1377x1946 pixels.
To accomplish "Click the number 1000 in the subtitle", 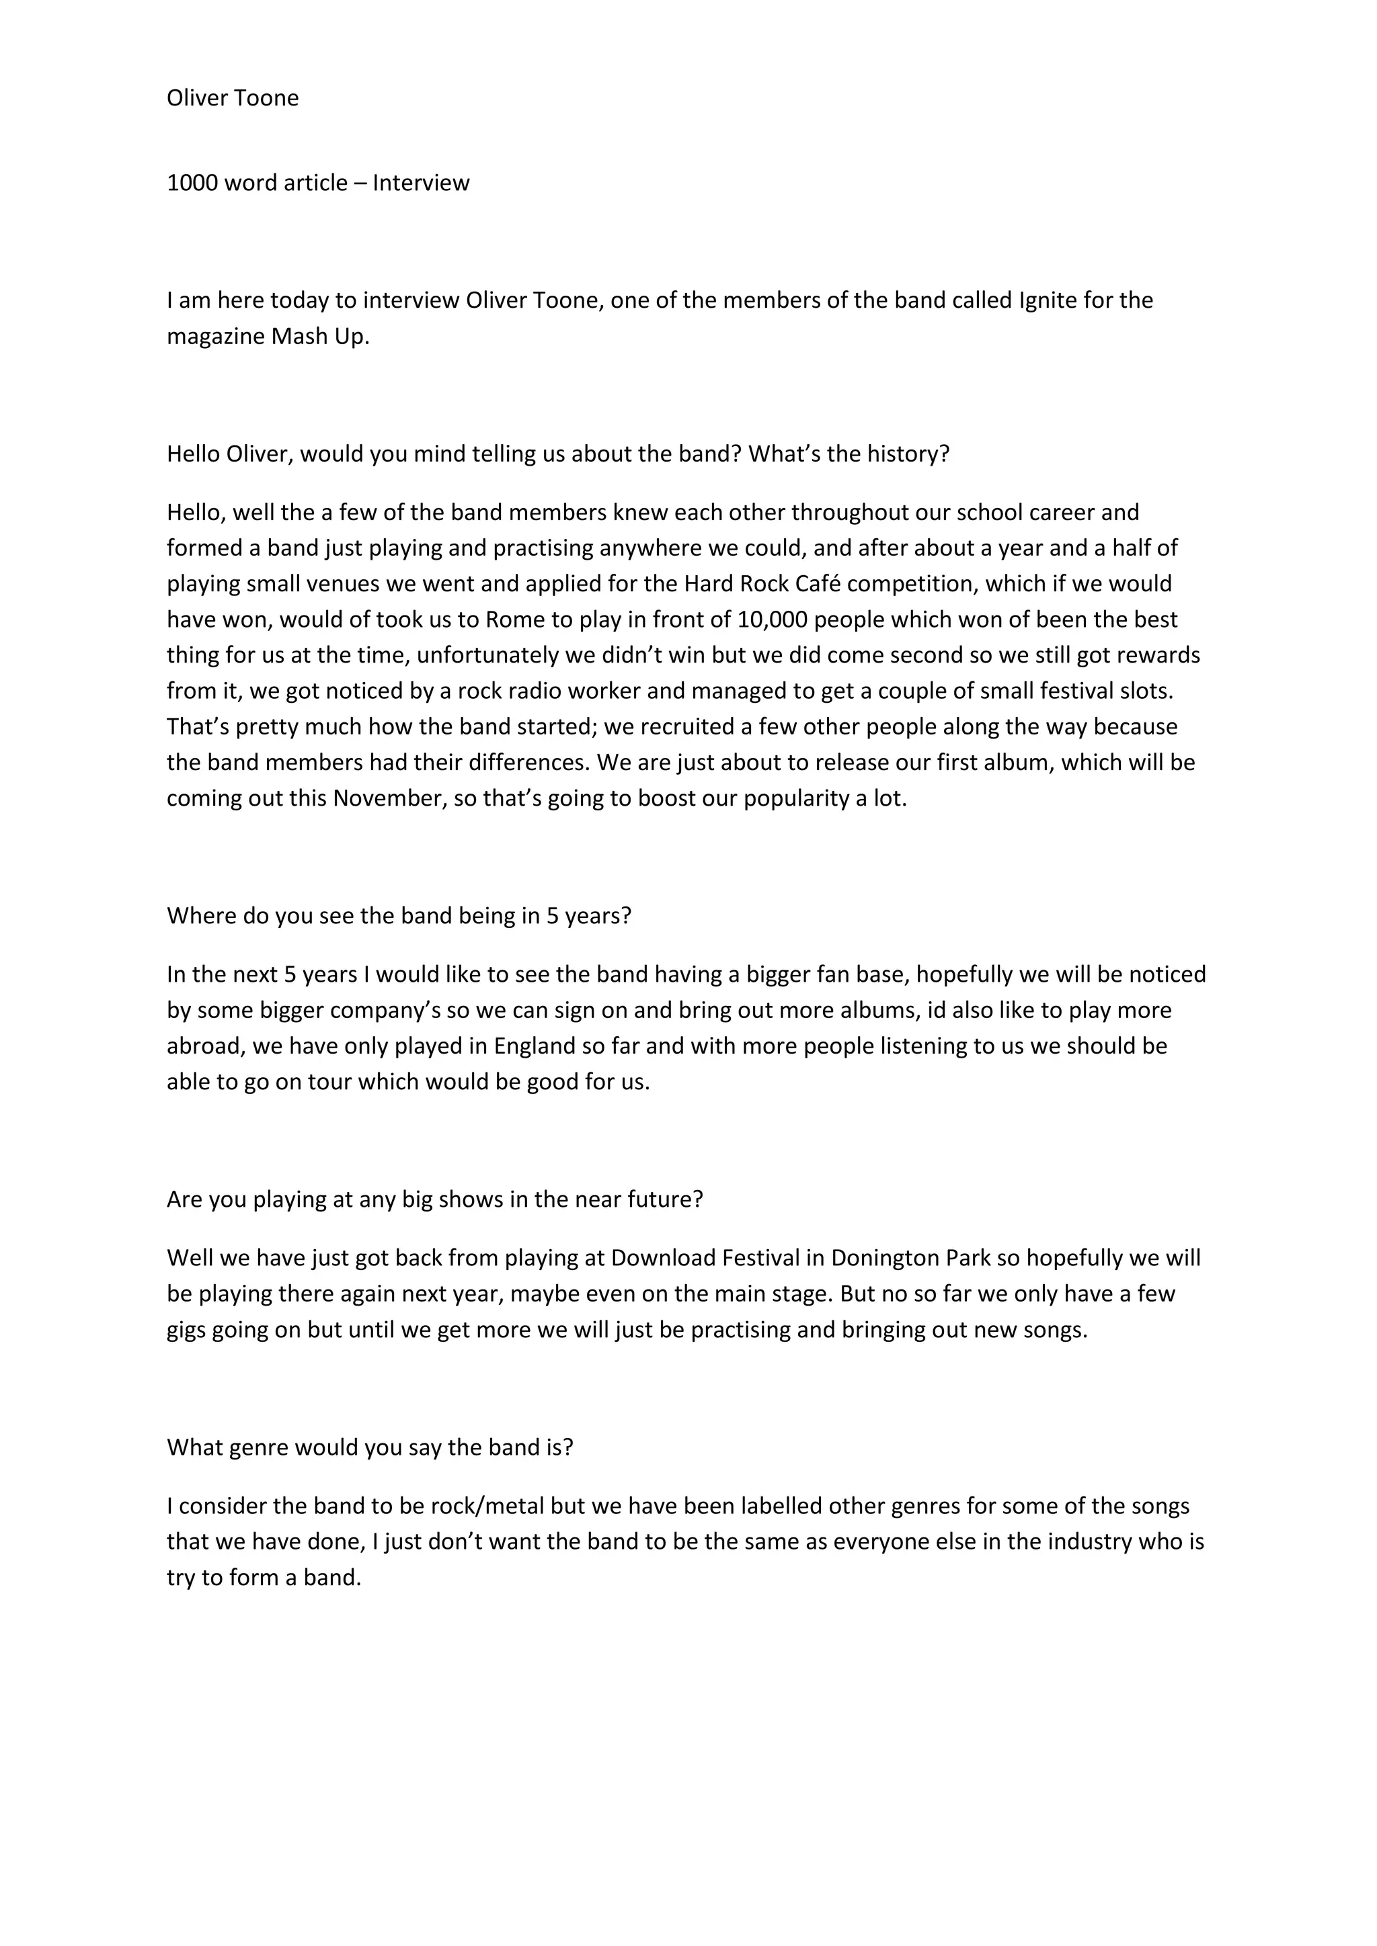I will point(192,183).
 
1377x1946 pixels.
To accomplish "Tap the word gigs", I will point(186,1330).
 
